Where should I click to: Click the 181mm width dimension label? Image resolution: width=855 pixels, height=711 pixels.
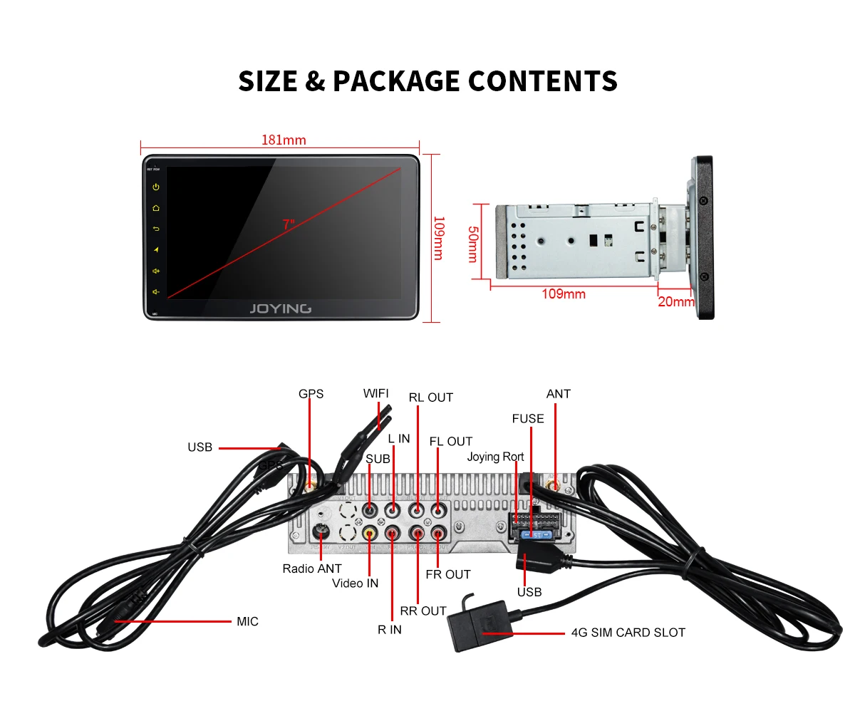284,140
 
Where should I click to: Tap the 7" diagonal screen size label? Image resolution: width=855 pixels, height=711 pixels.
288,224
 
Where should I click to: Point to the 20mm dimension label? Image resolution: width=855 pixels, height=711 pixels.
675,301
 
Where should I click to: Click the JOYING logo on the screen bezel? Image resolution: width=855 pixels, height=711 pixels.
280,308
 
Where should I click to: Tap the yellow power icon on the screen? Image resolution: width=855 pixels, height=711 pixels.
155,187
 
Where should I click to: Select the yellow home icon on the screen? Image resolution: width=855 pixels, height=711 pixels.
155,208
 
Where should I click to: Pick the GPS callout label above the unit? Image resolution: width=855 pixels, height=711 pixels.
311,394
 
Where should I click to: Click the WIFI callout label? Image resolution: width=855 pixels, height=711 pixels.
375,394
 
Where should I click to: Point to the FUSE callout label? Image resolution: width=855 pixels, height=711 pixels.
527,418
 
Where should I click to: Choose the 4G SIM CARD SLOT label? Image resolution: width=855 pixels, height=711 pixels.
628,632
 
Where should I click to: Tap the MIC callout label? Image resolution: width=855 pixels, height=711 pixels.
247,621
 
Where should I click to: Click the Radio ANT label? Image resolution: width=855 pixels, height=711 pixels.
311,569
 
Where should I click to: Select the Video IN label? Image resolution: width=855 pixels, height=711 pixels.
355,583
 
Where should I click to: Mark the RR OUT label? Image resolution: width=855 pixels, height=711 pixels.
423,611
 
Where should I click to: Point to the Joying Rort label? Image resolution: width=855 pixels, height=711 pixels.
495,457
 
